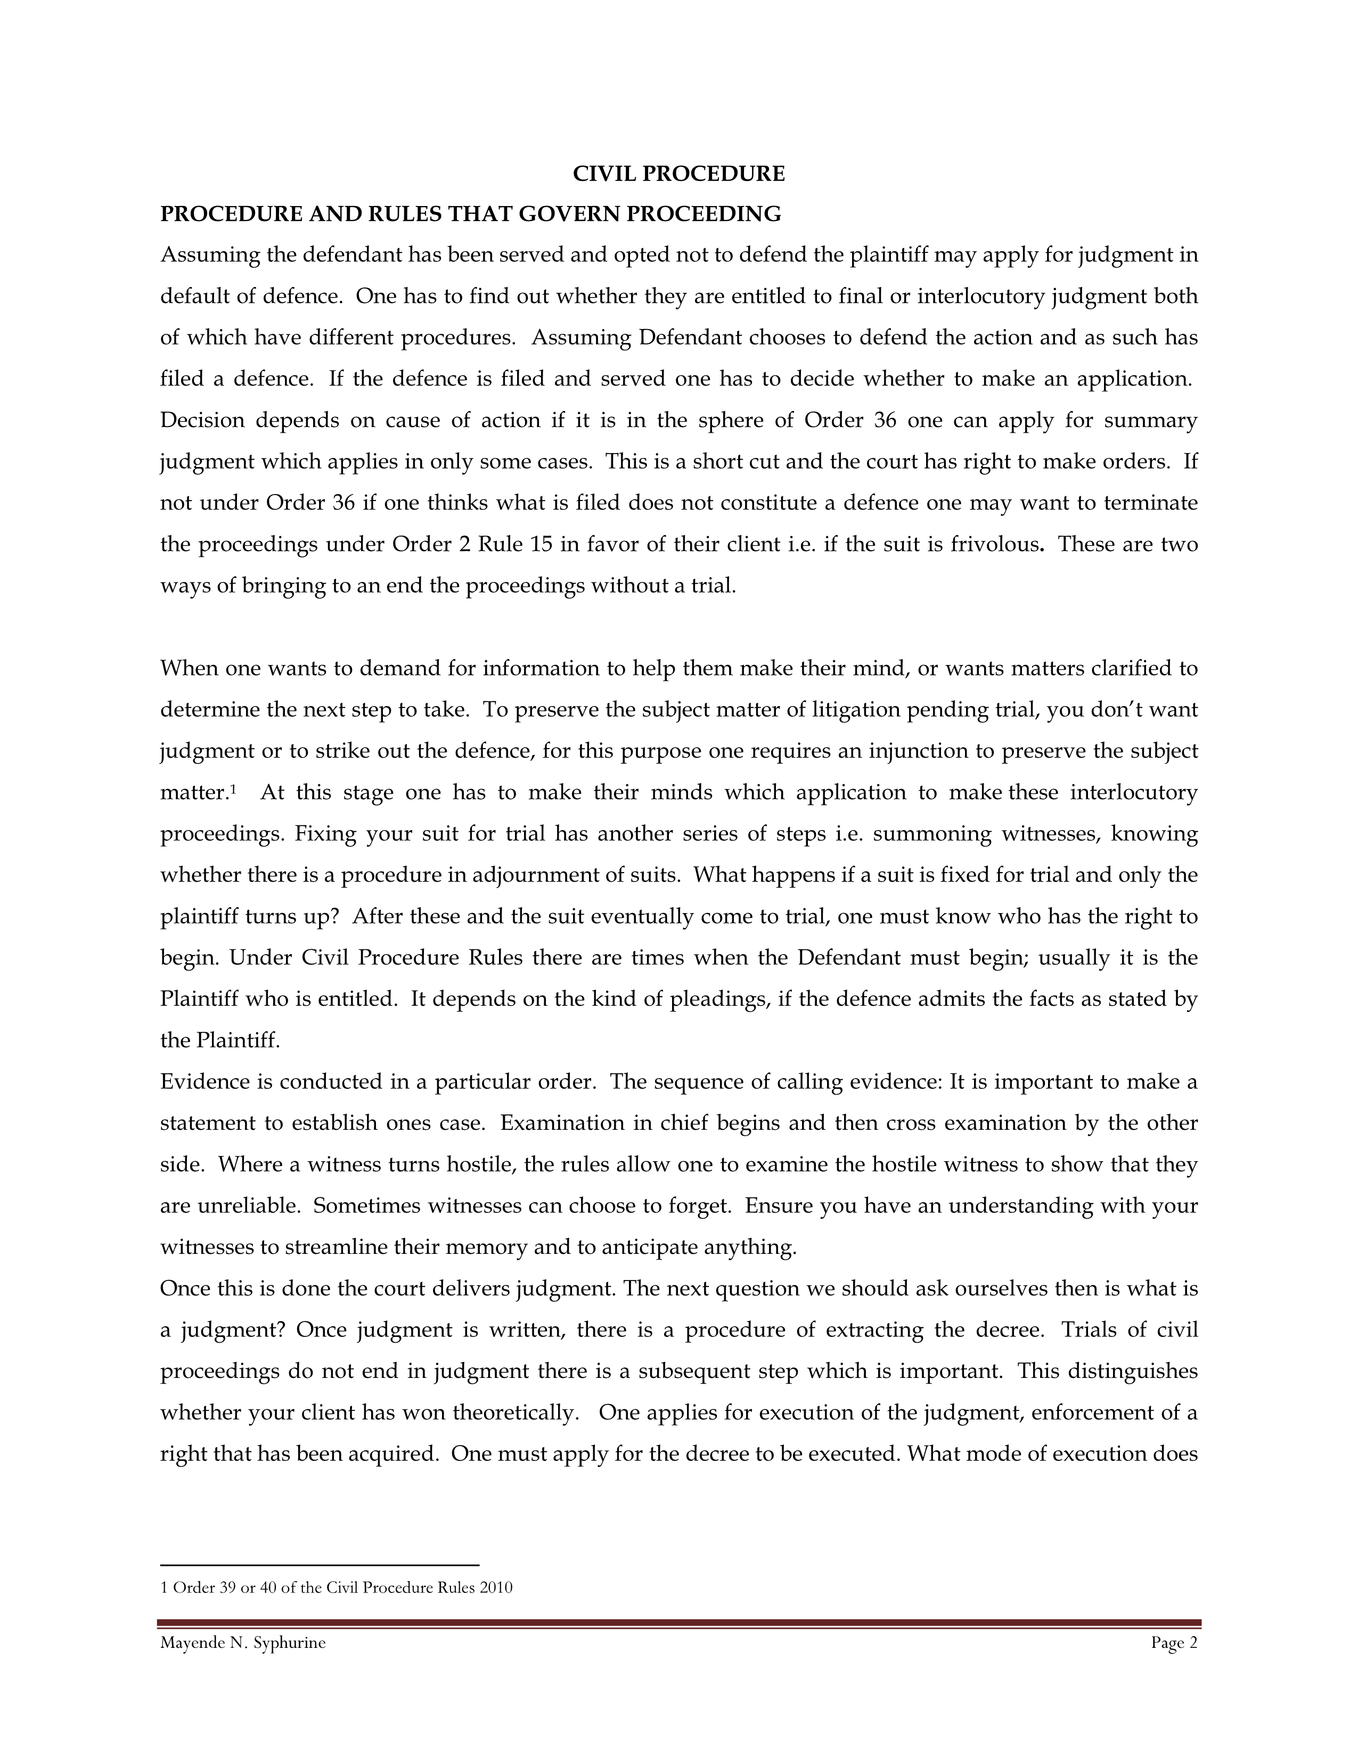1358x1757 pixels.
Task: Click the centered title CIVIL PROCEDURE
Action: point(678,174)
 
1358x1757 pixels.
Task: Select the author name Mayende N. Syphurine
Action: point(243,1643)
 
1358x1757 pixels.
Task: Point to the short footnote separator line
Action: point(320,1565)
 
